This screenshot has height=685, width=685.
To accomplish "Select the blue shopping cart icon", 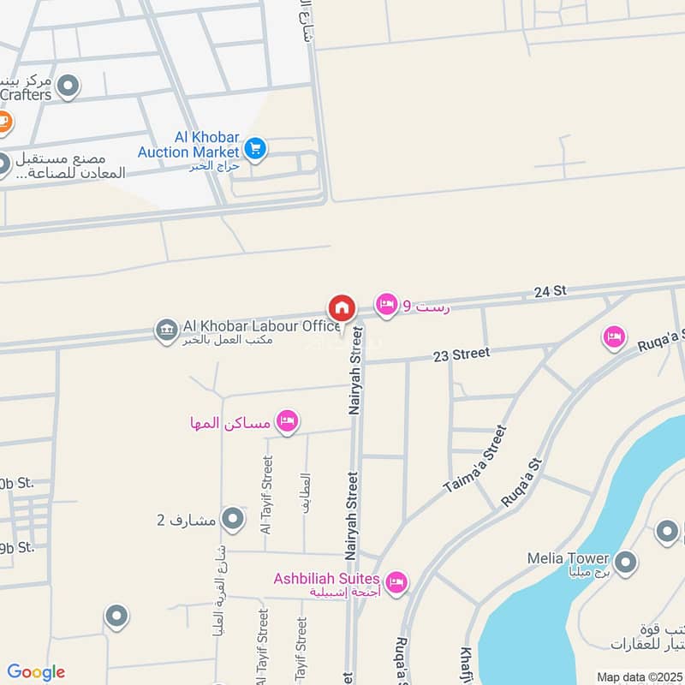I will [x=254, y=149].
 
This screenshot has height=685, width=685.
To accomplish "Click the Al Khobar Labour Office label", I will [x=261, y=326].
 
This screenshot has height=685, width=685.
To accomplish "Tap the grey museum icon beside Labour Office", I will [x=165, y=329].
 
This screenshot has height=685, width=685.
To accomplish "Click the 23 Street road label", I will [x=461, y=353].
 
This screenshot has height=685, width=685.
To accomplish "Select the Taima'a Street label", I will [x=475, y=460].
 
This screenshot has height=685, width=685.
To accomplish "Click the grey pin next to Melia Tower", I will [x=627, y=563].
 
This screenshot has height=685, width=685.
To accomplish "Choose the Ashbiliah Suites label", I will [x=326, y=579].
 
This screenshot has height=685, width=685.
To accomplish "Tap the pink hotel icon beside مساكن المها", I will [x=287, y=420].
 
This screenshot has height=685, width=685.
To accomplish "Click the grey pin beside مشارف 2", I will [x=232, y=518].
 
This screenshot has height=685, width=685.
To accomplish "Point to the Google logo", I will [x=36, y=672].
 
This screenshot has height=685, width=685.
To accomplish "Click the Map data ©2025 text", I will [x=639, y=677].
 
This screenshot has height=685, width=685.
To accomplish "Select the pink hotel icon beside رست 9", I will [x=387, y=305].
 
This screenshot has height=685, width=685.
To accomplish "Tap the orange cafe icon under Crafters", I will [x=3, y=122].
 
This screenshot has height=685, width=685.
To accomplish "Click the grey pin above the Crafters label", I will [x=68, y=85].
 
